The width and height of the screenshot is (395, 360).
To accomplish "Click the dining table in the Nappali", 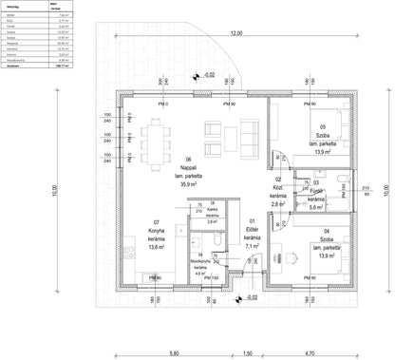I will pos(159,138).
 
